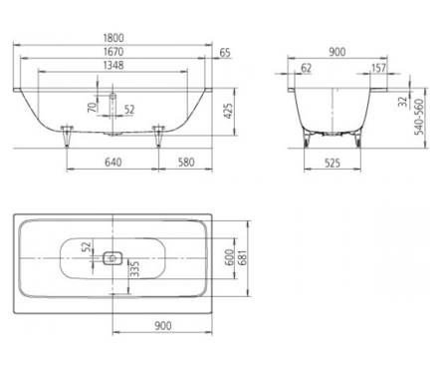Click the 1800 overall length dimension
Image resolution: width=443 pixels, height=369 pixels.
coord(113,38)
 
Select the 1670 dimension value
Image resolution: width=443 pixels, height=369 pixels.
coord(113,52)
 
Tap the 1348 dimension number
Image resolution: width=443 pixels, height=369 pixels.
coord(113,65)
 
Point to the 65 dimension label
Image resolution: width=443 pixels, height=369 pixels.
coord(225,53)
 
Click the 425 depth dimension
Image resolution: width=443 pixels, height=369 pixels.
coord(228,111)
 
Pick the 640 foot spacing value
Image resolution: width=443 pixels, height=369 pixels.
coord(113,163)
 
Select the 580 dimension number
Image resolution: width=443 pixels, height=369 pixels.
coord(186,163)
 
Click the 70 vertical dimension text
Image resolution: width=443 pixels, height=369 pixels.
coord(94,107)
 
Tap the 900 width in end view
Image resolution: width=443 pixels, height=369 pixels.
coord(337,52)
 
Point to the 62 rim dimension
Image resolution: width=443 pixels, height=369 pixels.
coord(306,68)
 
